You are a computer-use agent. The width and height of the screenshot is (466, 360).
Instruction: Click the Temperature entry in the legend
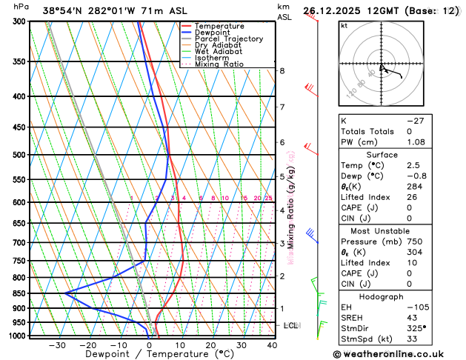click(x=222, y=26)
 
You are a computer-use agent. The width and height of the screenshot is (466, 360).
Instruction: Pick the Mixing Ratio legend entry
click(x=219, y=64)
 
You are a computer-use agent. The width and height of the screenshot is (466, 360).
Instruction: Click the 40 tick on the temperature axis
click(x=272, y=345)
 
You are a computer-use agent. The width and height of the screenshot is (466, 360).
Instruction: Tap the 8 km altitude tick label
click(x=282, y=71)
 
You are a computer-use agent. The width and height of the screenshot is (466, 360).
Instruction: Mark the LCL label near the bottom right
click(x=291, y=325)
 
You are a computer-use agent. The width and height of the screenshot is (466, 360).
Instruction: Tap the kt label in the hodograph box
click(x=344, y=25)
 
